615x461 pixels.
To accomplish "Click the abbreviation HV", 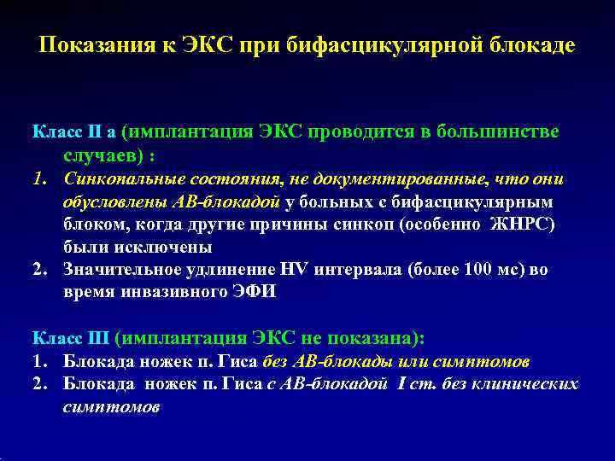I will (296, 270).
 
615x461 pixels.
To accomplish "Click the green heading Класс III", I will (71, 338).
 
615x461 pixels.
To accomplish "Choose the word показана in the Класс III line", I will (378, 338).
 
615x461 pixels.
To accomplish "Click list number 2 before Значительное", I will (38, 270).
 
